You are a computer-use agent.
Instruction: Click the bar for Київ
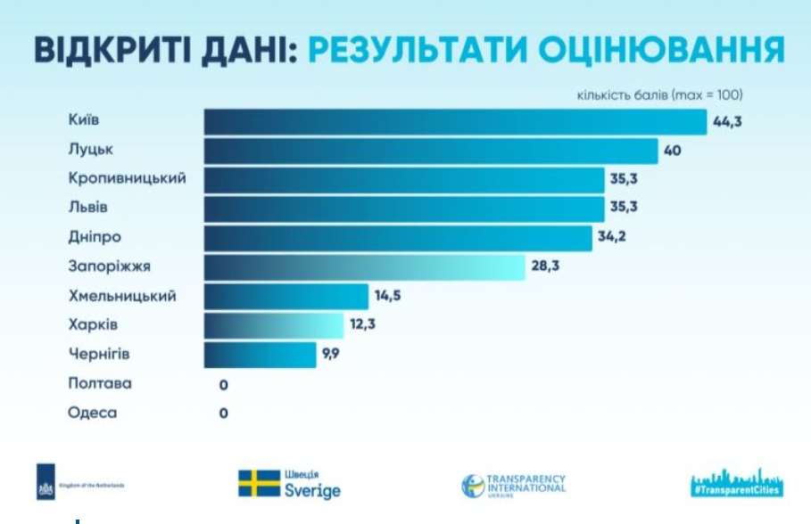[x=455, y=121]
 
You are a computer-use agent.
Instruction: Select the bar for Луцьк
[x=431, y=151]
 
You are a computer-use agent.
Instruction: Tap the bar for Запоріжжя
[x=364, y=266]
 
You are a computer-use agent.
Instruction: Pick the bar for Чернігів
[x=260, y=354]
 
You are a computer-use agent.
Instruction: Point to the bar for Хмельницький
[x=286, y=296]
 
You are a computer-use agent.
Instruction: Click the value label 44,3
[x=728, y=122]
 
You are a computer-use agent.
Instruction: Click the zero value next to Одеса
[x=224, y=413]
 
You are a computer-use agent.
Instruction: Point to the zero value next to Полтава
[x=224, y=384]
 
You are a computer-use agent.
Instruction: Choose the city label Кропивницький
[x=128, y=178]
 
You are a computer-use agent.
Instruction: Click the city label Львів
[x=89, y=208]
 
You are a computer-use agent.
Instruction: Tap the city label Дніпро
[x=95, y=237]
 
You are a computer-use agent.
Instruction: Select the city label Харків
[x=94, y=324]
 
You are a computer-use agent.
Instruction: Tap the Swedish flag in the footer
[x=257, y=484]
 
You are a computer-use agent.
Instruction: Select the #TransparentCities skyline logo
[x=734, y=481]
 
